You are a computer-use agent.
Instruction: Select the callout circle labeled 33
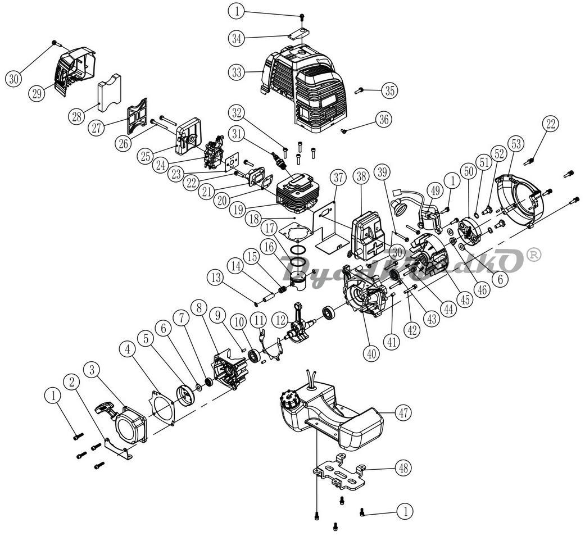coord(237,72)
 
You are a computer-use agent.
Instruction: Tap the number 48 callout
coord(403,467)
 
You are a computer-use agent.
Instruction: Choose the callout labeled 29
coord(38,94)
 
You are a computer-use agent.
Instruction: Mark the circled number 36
coord(384,119)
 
